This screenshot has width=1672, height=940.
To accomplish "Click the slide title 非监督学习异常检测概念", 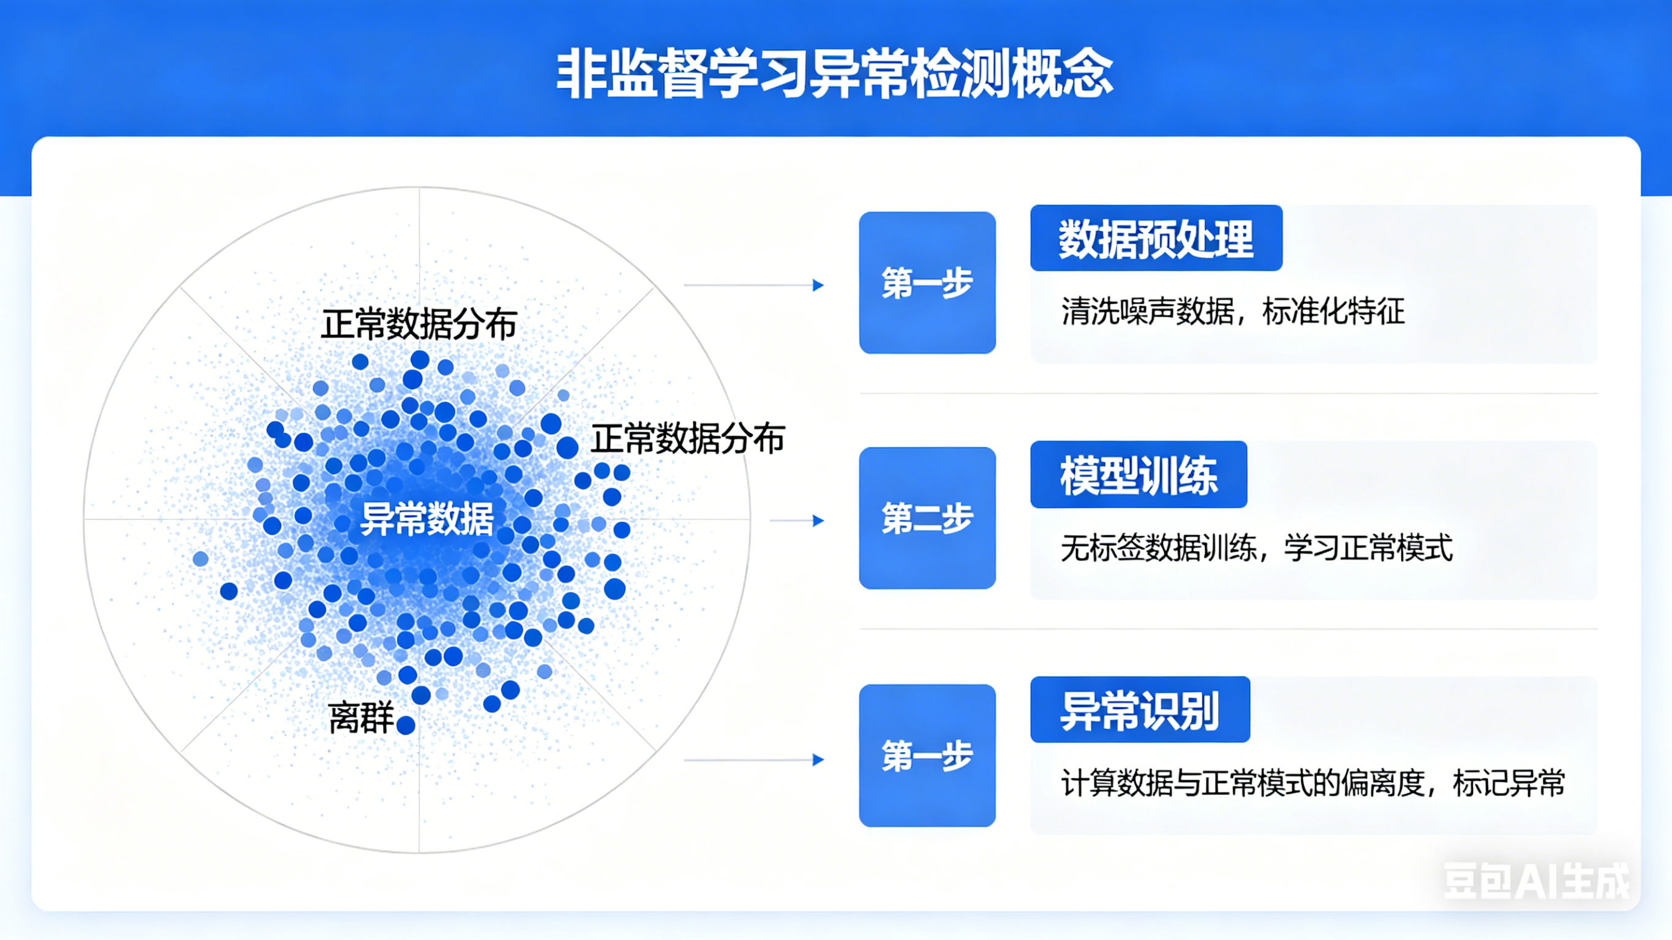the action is (835, 73).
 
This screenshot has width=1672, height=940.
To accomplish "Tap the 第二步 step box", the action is (927, 518).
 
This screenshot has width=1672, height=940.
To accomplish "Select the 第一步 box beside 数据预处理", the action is (927, 283).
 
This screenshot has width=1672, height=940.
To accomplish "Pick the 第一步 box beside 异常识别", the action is (927, 756).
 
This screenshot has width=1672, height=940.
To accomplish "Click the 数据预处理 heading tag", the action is (1155, 238).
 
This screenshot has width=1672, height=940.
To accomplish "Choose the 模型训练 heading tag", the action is (1139, 475).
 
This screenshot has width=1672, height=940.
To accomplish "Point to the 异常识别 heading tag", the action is (1140, 710).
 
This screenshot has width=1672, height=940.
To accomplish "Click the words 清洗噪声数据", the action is (1148, 312).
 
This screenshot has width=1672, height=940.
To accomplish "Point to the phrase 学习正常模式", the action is (1368, 548).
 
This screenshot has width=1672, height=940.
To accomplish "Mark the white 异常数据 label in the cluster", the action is (426, 519).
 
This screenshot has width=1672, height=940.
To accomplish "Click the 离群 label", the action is (361, 718).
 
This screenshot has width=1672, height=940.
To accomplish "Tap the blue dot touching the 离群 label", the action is (405, 725).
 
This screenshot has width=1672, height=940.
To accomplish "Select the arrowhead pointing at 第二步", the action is (818, 521).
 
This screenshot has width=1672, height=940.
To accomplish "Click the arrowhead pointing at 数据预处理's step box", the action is (818, 285).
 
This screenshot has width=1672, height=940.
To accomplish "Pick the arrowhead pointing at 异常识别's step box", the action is (818, 759).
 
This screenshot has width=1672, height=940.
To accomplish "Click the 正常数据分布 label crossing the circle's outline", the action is (687, 439).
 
